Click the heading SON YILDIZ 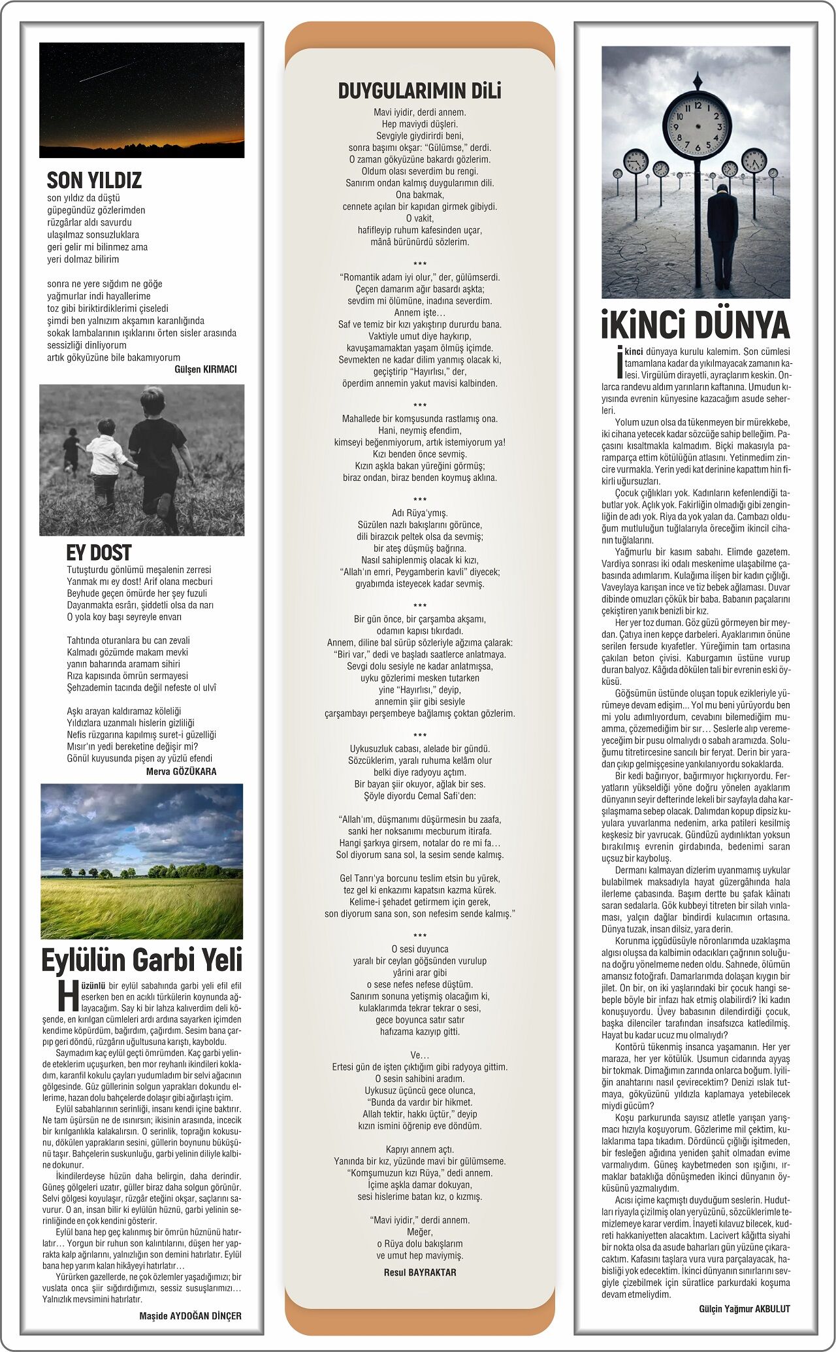(94, 180)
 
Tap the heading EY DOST (99, 553)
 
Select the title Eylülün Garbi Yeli (142, 960)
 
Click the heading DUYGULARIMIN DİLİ (419, 91)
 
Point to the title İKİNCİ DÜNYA (696, 325)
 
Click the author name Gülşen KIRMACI (206, 369)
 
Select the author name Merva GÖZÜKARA (181, 771)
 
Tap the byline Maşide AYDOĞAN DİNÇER (190, 1315)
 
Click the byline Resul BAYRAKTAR (420, 1272)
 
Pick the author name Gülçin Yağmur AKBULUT (744, 1308)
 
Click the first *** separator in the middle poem (420, 265)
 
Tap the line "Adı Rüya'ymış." (420, 513)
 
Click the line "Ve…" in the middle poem (420, 1055)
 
